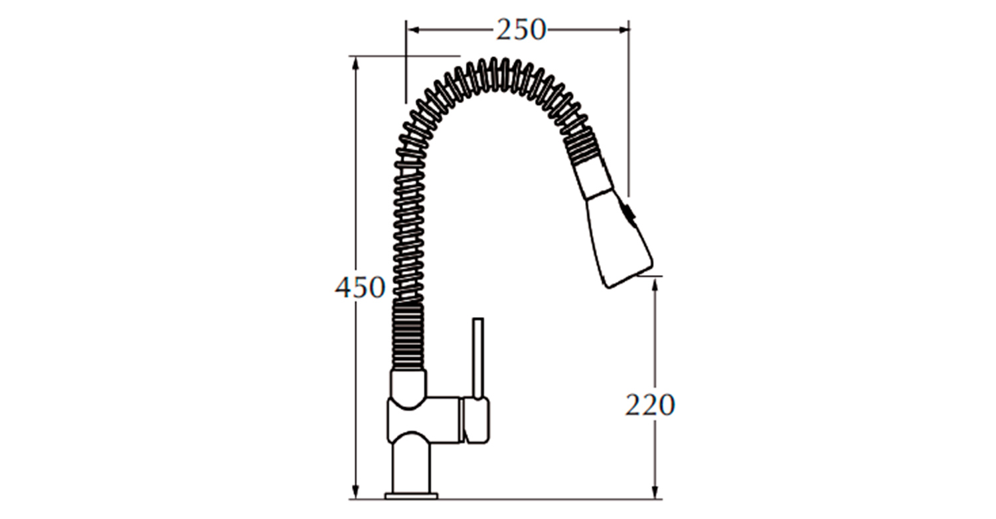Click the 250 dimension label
tap(521, 31)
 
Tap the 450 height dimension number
tap(360, 287)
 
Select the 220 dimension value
tap(650, 405)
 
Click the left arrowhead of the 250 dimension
tap(413, 30)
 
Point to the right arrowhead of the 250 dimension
tap(623, 30)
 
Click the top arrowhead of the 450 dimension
tap(355, 63)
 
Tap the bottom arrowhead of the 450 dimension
tap(355, 492)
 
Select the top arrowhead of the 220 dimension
tap(655, 284)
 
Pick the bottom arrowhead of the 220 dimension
tap(655, 492)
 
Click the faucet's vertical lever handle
tap(478, 358)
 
